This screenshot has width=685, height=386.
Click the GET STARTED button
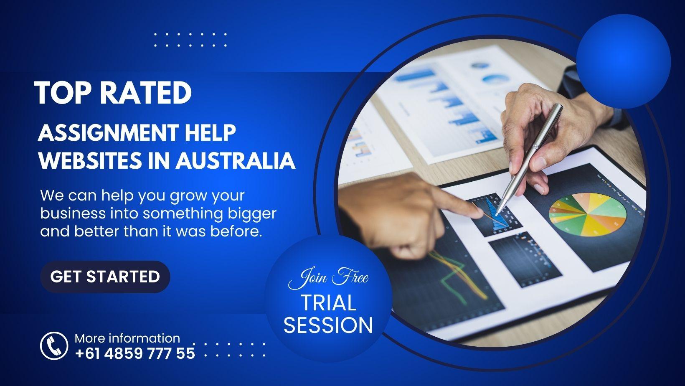click(105, 277)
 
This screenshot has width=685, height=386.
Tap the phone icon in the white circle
click(54, 345)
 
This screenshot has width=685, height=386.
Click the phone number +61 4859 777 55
click(135, 353)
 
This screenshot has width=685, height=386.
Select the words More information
click(127, 338)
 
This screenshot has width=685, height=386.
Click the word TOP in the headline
click(63, 93)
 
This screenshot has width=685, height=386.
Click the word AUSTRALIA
click(235, 160)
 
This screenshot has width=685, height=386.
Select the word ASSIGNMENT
click(108, 133)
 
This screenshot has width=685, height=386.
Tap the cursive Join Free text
click(328, 277)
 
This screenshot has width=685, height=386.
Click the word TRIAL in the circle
click(328, 302)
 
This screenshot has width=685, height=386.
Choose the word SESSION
click(328, 325)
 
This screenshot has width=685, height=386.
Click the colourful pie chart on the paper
click(587, 214)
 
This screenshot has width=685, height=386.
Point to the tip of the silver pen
click(496, 214)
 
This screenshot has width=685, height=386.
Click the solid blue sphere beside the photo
click(624, 61)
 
